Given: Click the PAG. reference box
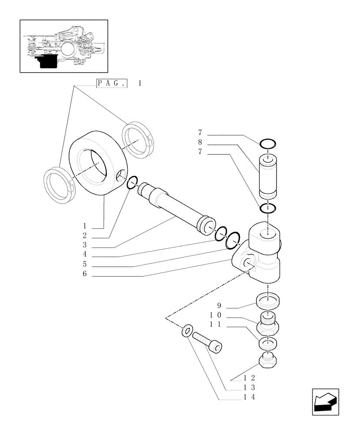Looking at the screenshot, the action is (x=111, y=83).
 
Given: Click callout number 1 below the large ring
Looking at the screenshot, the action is (x=86, y=226).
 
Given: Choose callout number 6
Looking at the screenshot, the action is (x=85, y=274).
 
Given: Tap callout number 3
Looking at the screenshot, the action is (x=85, y=246).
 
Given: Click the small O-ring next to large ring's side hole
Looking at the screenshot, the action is (x=132, y=183).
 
